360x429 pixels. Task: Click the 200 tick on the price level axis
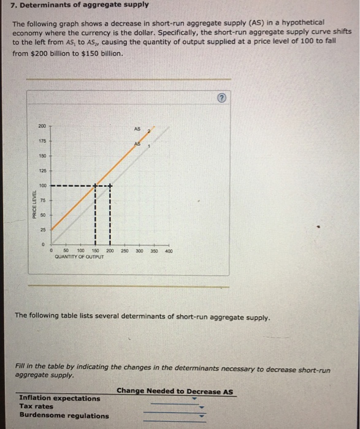point(42,126)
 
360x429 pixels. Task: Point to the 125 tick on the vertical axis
point(42,170)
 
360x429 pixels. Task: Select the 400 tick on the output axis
point(169,251)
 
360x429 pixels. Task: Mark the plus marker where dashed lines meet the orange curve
point(95,186)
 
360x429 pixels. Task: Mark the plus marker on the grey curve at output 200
point(110,186)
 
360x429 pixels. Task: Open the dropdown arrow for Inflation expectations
point(194,398)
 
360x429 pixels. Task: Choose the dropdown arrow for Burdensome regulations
point(199,416)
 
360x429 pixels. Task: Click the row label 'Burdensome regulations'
point(64,416)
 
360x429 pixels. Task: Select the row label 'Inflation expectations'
point(59,398)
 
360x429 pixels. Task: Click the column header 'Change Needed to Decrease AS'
point(175,391)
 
